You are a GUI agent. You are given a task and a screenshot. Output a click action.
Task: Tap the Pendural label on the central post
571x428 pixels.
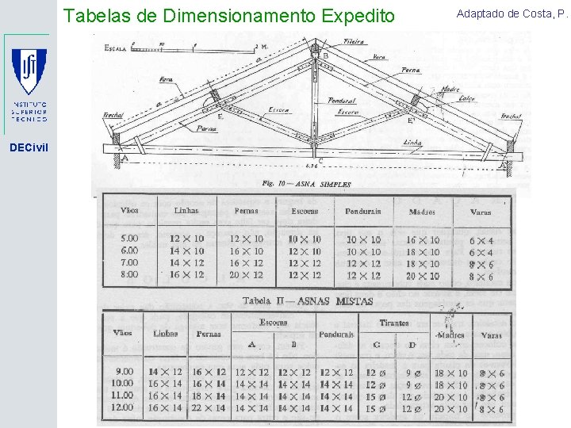pyautogui.click(x=342, y=101)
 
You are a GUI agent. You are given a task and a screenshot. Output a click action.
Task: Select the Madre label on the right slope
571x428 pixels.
pyautogui.click(x=451, y=89)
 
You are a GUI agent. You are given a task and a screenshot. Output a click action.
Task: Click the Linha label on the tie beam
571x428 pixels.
pyautogui.click(x=412, y=143)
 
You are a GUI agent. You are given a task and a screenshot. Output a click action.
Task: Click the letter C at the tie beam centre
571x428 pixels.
pyautogui.click(x=320, y=160)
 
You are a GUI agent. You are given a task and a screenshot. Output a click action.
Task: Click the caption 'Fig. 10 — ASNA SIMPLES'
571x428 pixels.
pyautogui.click(x=306, y=184)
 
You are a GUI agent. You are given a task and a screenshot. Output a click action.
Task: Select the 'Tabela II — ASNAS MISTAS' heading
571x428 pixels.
pyautogui.click(x=297, y=300)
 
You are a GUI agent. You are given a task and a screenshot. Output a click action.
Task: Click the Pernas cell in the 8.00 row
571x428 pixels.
pyautogui.click(x=246, y=275)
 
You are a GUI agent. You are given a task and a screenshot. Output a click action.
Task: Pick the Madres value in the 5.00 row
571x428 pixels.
pyautogui.click(x=422, y=239)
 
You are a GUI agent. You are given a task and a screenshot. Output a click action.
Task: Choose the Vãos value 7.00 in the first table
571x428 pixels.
pyautogui.click(x=128, y=262)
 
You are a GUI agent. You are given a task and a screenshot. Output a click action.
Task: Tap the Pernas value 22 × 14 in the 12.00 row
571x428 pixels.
pyautogui.click(x=209, y=408)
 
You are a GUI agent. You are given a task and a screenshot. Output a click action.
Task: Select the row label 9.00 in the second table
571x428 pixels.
pyautogui.click(x=125, y=371)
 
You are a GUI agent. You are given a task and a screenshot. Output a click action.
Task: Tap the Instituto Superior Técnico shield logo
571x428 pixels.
pyautogui.click(x=29, y=71)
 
